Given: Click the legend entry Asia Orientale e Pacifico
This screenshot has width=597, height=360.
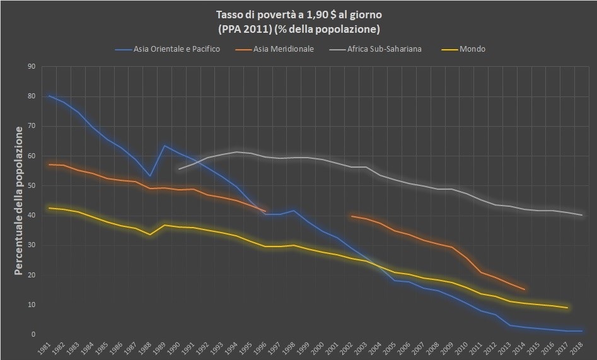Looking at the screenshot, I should pyautogui.click(x=173, y=49).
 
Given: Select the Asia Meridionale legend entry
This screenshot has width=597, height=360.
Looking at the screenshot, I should pyautogui.click(x=282, y=49).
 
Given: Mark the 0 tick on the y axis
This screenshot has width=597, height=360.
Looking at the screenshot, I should pyautogui.click(x=33, y=334).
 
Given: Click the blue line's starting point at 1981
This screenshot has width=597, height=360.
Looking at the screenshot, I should pyautogui.click(x=49, y=95).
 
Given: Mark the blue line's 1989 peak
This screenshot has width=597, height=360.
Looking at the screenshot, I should pyautogui.click(x=165, y=146).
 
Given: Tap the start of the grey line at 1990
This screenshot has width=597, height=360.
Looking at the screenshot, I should pyautogui.click(x=179, y=169).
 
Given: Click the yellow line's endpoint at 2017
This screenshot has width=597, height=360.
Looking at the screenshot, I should pyautogui.click(x=567, y=308).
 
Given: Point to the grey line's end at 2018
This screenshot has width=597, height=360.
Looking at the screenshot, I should pyautogui.click(x=581, y=215).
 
